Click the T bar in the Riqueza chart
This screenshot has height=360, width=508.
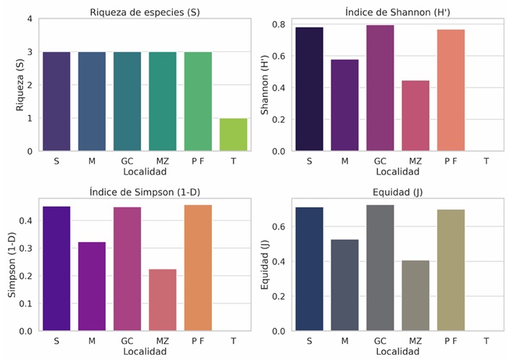[233, 135]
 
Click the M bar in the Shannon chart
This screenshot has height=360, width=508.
[344, 105]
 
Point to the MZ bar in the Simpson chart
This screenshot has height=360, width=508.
[162, 300]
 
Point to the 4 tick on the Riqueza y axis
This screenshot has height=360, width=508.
[29, 19]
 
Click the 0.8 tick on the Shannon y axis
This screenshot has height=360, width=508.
[277, 25]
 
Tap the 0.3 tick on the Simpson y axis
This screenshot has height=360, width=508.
[26, 248]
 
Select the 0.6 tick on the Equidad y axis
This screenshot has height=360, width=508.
[277, 227]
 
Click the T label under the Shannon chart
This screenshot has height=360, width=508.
[486, 161]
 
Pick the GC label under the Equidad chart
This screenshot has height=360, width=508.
[380, 340]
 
